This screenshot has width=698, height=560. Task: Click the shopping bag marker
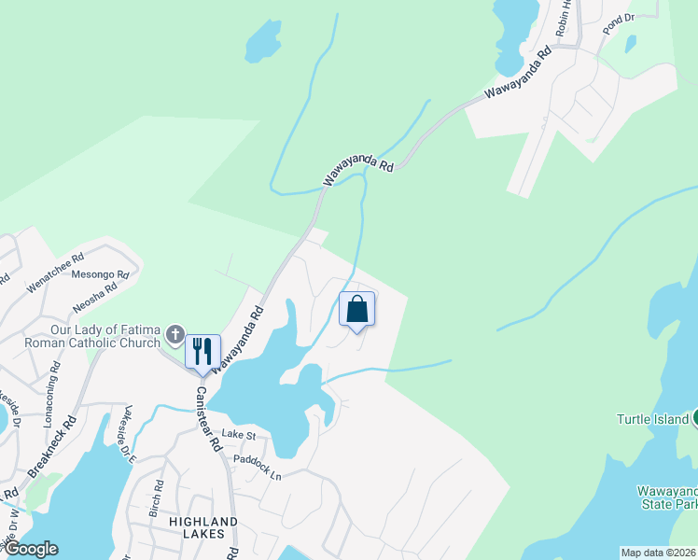[356, 309]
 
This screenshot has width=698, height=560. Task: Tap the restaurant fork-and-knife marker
[202, 352]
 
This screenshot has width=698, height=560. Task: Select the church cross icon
[174, 334]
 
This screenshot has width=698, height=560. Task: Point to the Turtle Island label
[651, 419]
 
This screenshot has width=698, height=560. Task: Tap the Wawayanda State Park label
[666, 497]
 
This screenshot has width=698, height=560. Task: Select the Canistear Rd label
[214, 416]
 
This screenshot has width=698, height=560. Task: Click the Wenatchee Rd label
[55, 272]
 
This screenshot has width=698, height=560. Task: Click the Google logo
[30, 549]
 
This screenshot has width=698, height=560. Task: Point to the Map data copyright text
[658, 553]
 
